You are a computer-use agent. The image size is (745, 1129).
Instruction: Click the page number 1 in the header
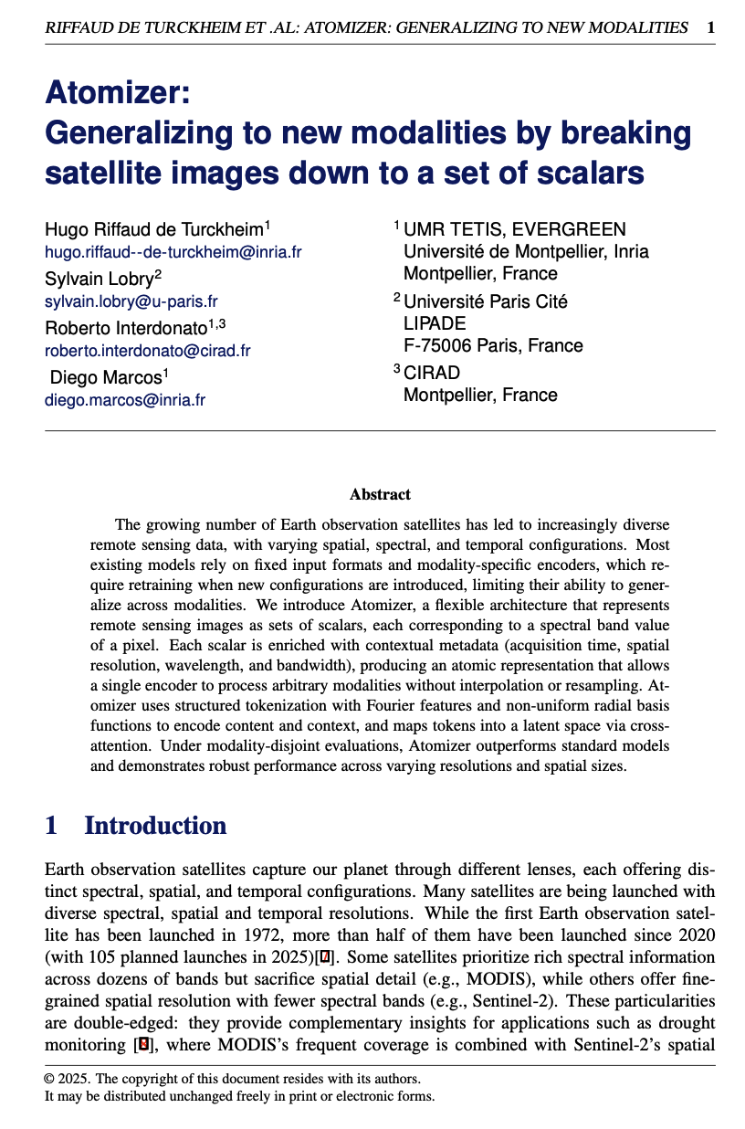[711, 27]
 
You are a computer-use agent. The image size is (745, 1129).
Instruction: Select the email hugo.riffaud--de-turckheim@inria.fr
[173, 252]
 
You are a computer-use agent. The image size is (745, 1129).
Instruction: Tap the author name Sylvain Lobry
[100, 279]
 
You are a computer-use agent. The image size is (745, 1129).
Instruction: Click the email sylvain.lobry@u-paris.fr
[131, 301]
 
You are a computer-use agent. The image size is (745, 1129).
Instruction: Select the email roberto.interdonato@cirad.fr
[148, 350]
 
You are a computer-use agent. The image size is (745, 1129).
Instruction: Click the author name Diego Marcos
[105, 376]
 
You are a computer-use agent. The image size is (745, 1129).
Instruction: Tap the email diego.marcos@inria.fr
[125, 399]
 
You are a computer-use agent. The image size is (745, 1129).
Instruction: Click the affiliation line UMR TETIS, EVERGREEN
[515, 229]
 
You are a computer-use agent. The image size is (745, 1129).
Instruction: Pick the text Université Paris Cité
[486, 301]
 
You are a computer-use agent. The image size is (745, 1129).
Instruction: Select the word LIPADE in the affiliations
[435, 323]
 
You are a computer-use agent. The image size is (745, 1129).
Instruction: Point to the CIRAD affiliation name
[432, 373]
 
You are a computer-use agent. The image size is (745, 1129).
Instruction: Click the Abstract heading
[380, 494]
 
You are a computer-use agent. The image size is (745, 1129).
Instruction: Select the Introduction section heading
[155, 826]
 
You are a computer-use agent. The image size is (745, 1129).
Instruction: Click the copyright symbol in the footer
[49, 1079]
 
